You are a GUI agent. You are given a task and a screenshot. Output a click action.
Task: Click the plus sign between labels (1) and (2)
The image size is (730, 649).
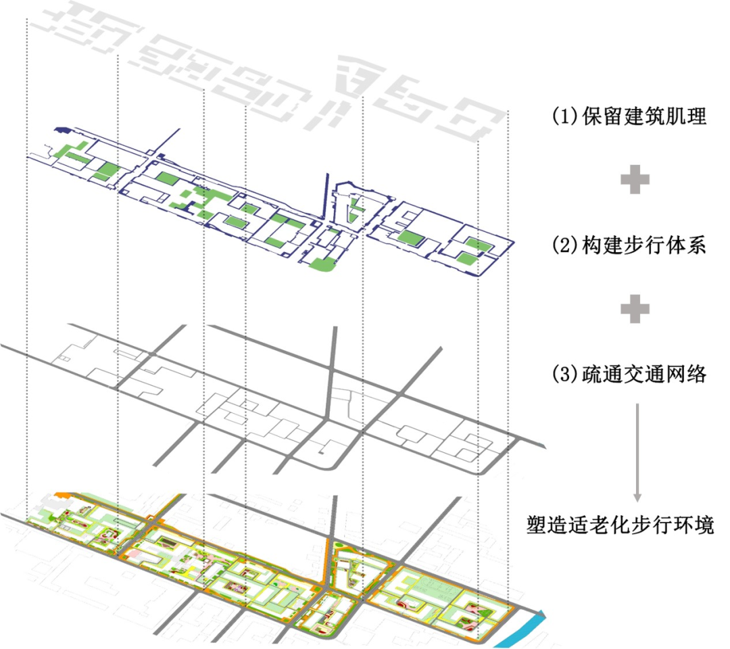[635, 181]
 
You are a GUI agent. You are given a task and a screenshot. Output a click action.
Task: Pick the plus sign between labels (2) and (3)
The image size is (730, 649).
[635, 309]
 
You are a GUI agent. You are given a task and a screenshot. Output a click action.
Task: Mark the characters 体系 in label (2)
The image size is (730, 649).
[691, 246]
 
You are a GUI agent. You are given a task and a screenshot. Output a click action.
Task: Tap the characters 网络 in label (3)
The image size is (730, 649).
[691, 374]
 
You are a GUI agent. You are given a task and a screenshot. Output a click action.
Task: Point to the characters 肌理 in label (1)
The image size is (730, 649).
[691, 116]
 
